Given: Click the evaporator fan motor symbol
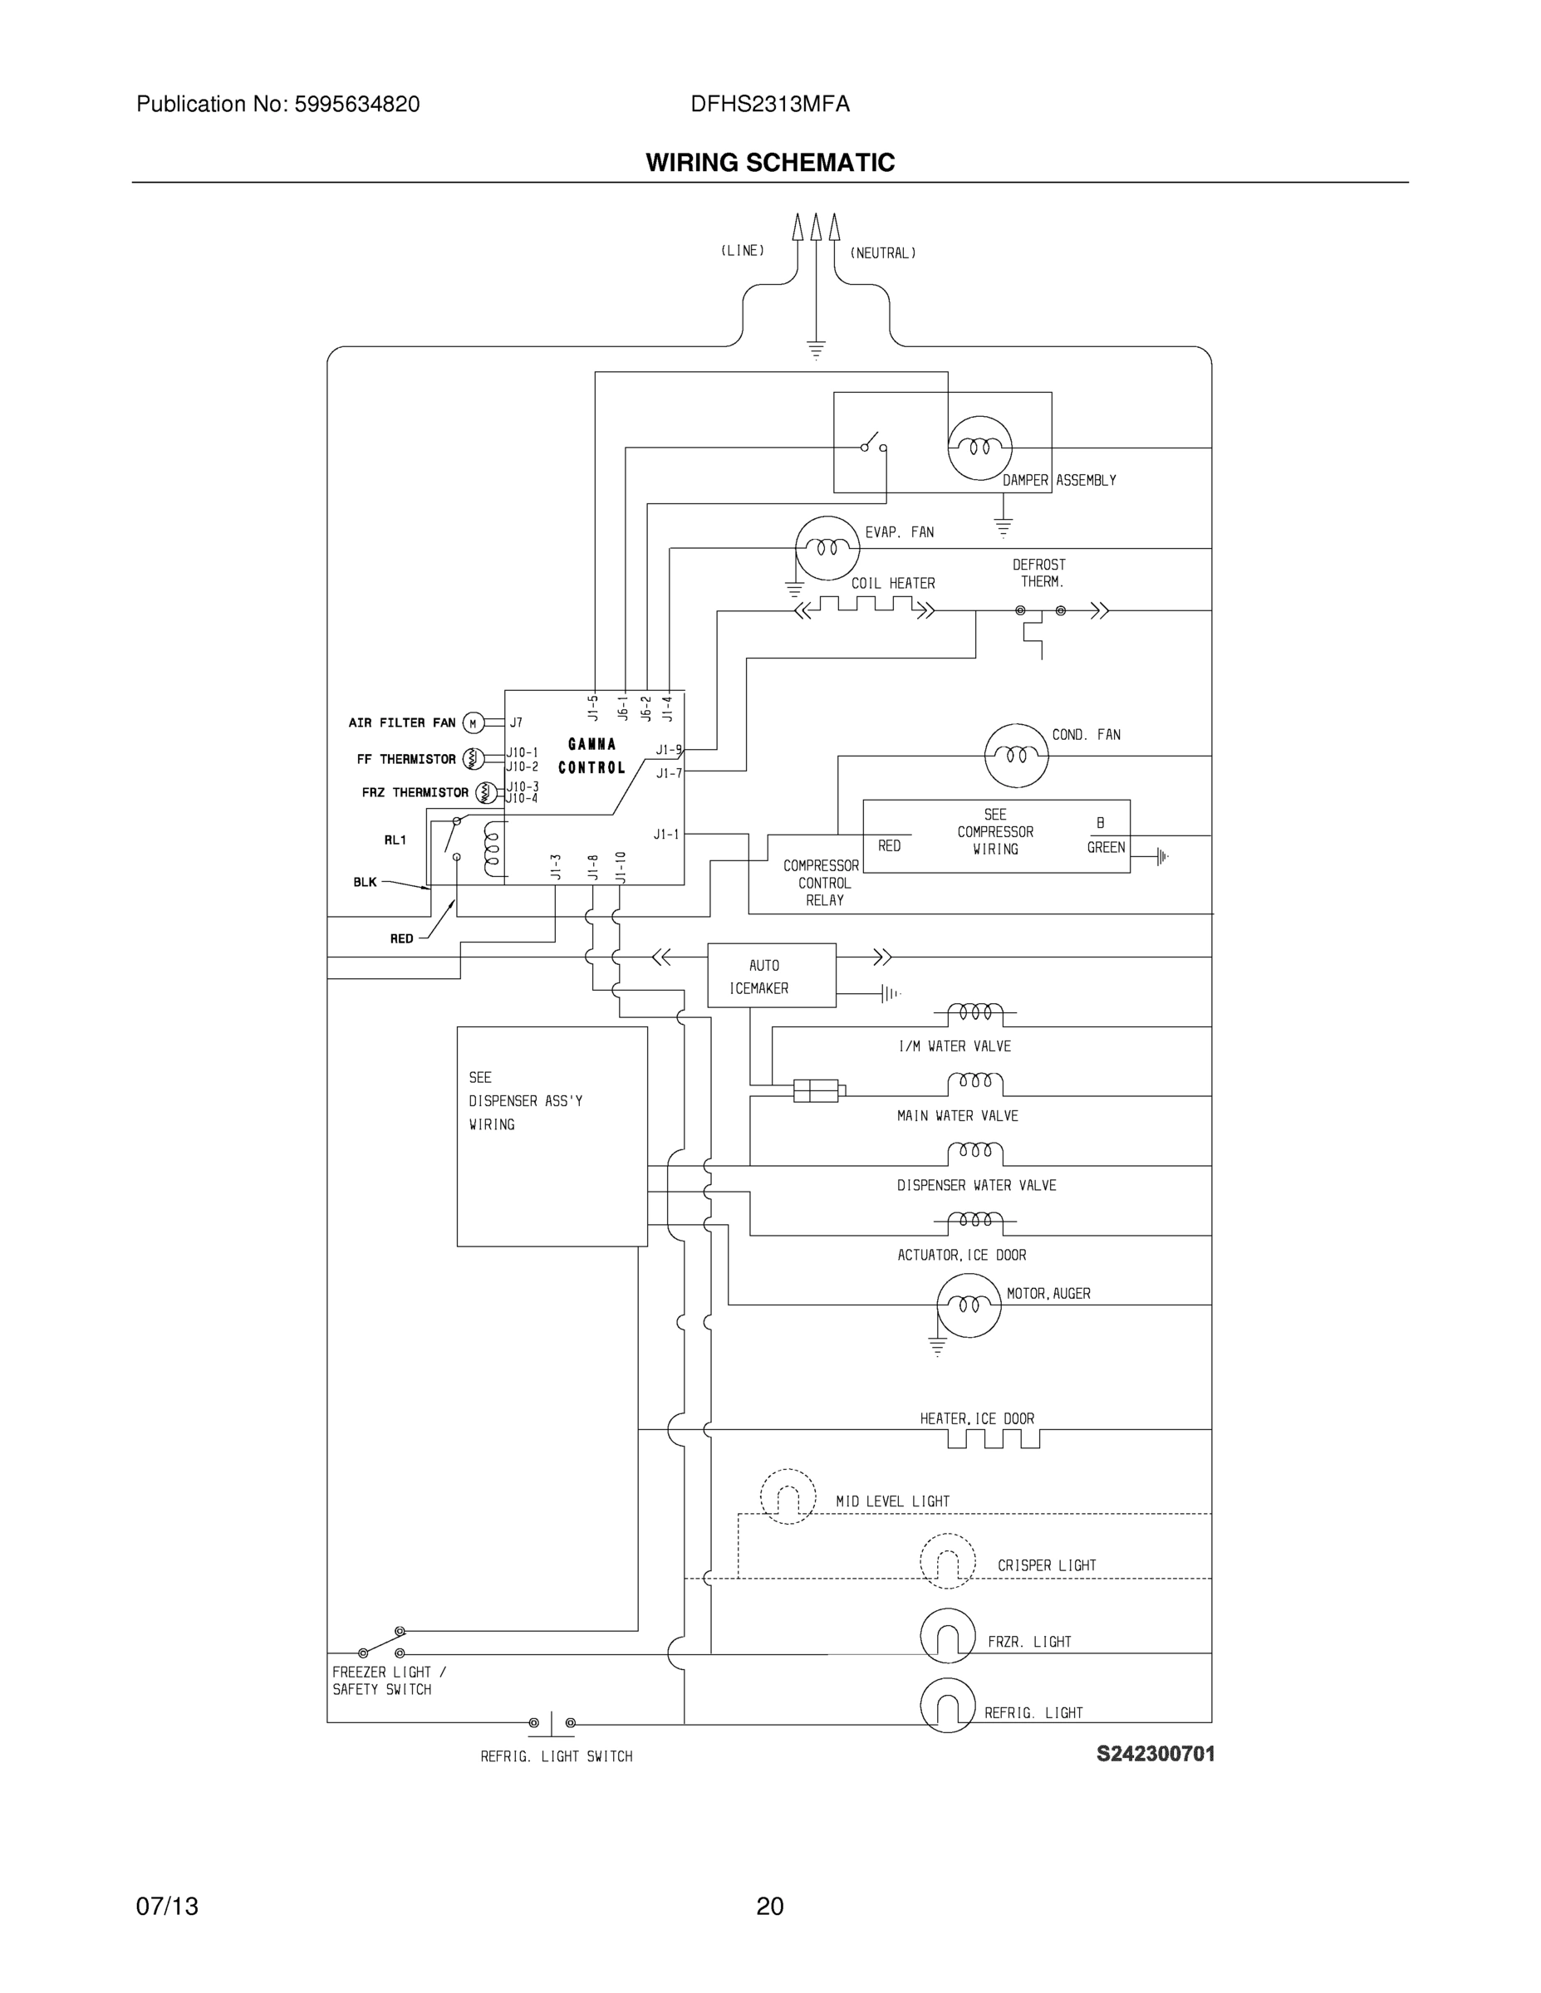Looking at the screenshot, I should pos(827,547).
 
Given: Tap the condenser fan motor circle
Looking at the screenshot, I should pos(1016,756).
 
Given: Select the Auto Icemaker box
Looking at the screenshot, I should pos(772,976).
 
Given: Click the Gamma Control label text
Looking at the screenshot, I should pos(591,756).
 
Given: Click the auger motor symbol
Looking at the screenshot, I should pos(969,1305).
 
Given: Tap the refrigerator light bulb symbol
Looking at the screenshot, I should pos(948,1705).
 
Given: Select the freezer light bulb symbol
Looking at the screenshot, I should pos(948,1636).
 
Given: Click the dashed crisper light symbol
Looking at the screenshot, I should pos(948,1561).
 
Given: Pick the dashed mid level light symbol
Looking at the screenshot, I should pos(788,1496).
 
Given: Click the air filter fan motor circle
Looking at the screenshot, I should pos(473,723).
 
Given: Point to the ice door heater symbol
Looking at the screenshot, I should pos(994,1439).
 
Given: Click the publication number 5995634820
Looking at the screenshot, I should pos(356,105).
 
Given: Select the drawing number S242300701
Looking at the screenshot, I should pos(1155,1754).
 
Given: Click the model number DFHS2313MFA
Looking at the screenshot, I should pos(769,105).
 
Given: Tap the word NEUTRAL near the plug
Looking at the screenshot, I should pos(883,253).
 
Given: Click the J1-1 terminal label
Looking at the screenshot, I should pos(666,834).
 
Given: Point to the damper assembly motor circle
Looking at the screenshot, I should pos(979,448).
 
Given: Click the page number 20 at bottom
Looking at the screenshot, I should pos(769,1907).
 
